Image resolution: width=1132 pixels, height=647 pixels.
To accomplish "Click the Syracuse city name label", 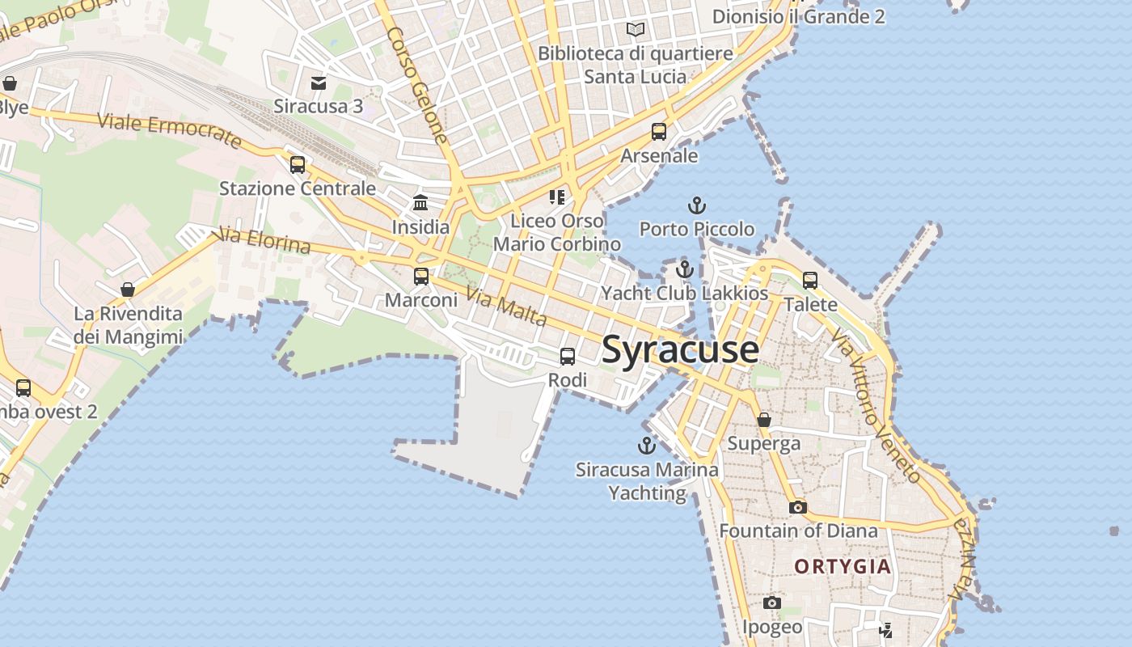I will point(680,349).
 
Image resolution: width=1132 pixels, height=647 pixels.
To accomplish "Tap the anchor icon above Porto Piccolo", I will point(696,205).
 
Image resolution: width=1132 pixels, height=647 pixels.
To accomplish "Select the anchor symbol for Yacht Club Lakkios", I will point(685,269).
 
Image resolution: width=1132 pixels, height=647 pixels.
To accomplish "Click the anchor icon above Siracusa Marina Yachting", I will point(646,446).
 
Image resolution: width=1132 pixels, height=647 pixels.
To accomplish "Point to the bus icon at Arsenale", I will point(659,132).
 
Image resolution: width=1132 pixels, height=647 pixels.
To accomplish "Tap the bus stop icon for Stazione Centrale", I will point(298,165).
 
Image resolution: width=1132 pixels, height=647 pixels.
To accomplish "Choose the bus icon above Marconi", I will point(421,277).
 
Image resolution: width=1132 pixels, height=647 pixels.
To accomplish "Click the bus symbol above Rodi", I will point(568,357).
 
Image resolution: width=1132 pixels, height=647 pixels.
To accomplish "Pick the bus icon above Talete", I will point(810,281).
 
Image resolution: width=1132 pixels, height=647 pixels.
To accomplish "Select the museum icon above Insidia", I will point(420,203).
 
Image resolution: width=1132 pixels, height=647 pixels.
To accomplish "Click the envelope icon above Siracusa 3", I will point(319,82).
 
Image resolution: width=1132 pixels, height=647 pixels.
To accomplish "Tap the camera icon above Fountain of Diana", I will point(798,507).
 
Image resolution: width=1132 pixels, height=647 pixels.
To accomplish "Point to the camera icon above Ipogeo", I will point(772,603).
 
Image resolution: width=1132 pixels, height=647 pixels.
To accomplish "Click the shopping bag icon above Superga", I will point(763,420).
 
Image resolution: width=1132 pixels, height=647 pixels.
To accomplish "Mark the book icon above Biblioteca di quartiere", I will point(636,30).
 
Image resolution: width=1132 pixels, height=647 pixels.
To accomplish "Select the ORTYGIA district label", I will point(843,566).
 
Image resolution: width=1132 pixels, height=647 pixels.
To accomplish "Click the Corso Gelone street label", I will point(416,86).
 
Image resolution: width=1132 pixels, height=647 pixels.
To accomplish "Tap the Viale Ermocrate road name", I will point(170,132).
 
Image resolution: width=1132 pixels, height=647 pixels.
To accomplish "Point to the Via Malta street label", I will point(507,308).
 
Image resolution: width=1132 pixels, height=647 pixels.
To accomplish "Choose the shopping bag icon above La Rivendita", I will point(128,290).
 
